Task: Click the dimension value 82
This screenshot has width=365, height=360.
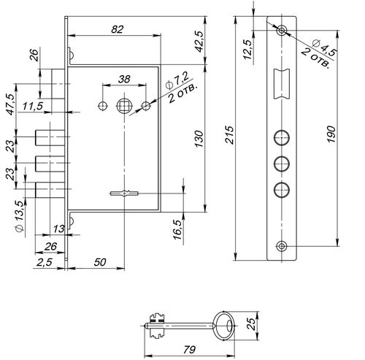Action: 118,29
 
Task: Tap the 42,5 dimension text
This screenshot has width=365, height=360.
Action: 199,42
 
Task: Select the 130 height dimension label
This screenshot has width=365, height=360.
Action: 199,139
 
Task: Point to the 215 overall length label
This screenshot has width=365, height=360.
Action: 229,134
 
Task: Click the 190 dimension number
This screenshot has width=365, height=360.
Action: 331,134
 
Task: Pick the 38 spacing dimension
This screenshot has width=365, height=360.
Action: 124,79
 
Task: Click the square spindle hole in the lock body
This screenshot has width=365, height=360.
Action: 124,106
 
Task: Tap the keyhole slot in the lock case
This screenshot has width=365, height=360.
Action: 124,194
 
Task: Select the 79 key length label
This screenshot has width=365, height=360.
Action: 189,350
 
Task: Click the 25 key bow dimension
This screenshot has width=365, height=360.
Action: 252,323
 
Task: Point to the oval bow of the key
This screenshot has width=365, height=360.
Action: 224,326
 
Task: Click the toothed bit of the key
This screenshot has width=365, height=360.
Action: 157,326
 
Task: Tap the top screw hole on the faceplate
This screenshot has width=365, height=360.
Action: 282,31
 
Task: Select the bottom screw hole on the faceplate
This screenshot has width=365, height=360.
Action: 282,246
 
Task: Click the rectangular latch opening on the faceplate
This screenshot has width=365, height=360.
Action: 282,84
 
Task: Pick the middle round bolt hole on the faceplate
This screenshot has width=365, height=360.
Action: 282,164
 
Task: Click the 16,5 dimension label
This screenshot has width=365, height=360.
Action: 178,230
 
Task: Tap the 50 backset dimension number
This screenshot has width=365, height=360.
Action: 100,262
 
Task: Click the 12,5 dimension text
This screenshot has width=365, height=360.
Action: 247,50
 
